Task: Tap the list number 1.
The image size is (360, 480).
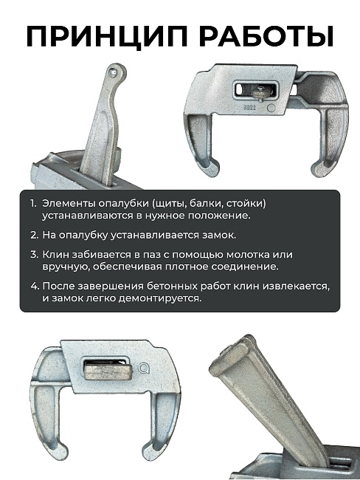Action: (x=32, y=203)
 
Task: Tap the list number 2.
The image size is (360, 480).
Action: (x=33, y=235)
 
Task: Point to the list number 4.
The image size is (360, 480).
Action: (x=33, y=286)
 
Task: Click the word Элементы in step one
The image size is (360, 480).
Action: (x=67, y=203)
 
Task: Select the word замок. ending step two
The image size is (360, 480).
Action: (x=218, y=235)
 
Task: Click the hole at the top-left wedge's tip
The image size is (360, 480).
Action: (x=111, y=74)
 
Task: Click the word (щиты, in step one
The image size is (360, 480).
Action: (x=167, y=203)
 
